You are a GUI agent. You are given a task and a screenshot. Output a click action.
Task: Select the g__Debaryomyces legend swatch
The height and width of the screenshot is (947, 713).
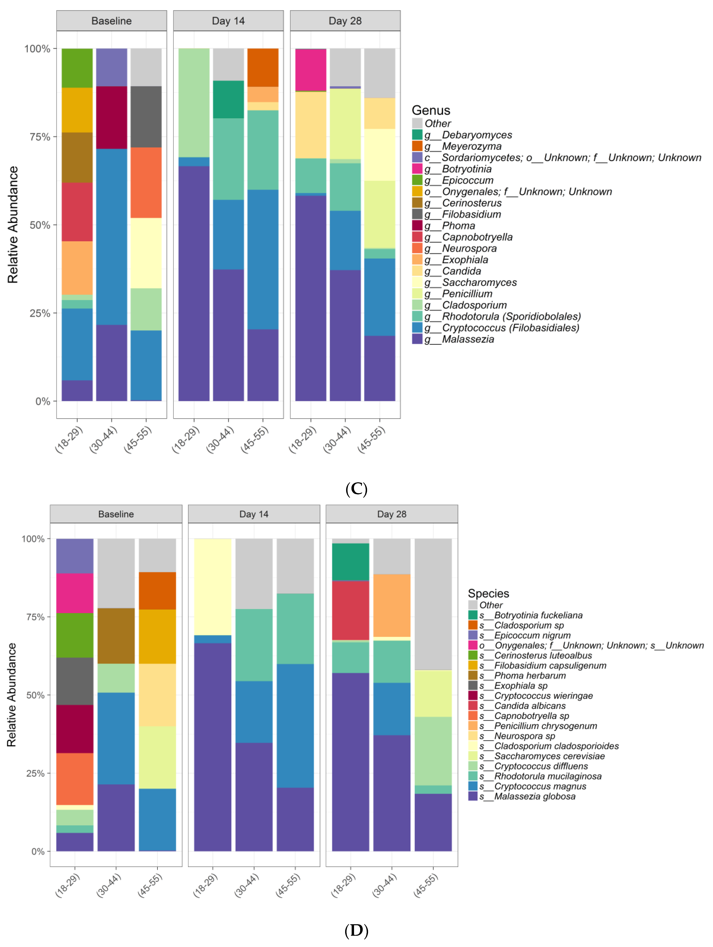click(417, 135)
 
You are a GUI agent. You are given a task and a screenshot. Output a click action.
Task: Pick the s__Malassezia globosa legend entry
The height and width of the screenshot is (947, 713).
click(535, 796)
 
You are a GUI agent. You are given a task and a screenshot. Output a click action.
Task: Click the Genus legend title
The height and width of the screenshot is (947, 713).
click(431, 110)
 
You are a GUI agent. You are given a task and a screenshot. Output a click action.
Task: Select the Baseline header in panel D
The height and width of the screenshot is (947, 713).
click(116, 514)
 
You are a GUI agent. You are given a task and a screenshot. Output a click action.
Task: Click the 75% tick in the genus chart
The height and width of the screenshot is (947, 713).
click(40, 137)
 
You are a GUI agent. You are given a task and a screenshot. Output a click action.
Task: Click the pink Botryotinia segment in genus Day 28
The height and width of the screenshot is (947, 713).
click(311, 70)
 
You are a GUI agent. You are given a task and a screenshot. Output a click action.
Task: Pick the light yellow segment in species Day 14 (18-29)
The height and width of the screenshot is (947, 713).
click(212, 587)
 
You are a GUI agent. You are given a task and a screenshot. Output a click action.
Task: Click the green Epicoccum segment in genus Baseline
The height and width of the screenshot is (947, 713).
click(77, 68)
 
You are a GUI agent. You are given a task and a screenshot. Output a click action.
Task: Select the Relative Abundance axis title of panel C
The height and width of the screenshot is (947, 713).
click(13, 225)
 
